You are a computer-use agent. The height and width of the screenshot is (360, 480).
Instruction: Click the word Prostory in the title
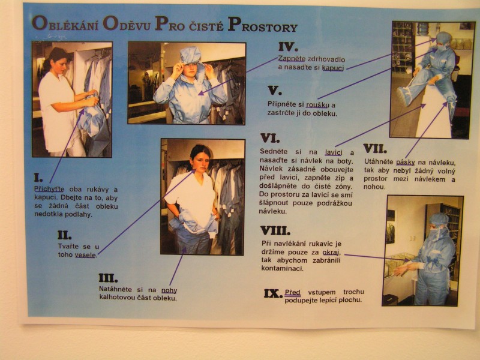[263, 25]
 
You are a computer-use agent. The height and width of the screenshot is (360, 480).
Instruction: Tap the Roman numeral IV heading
[289, 47]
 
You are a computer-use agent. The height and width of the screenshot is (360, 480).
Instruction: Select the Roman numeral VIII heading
[275, 230]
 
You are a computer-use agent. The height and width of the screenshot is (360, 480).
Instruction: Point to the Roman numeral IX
[272, 294]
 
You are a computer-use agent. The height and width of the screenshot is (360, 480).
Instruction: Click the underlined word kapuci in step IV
[333, 68]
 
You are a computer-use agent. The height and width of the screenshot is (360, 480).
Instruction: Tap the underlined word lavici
[334, 152]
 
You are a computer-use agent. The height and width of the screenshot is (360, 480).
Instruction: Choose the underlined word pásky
[406, 162]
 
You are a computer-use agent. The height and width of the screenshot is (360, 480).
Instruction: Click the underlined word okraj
[332, 253]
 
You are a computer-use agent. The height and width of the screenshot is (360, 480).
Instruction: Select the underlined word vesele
[86, 254]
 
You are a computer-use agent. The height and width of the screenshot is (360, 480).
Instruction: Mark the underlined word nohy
[169, 290]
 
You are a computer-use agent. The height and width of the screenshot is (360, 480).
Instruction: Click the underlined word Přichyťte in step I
[49, 189]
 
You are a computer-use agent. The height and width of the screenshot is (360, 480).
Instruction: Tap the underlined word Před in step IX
[293, 292]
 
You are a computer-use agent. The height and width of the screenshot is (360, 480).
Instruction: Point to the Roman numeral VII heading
[375, 149]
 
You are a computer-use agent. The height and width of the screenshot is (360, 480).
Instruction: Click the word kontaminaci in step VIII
[282, 268]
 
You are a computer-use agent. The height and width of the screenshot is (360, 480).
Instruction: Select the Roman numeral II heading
[65, 235]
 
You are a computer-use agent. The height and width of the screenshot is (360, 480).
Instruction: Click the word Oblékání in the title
[65, 25]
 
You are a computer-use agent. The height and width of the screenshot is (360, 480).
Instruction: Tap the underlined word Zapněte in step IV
[292, 59]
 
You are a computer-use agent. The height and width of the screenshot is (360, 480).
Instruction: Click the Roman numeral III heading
[108, 278]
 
